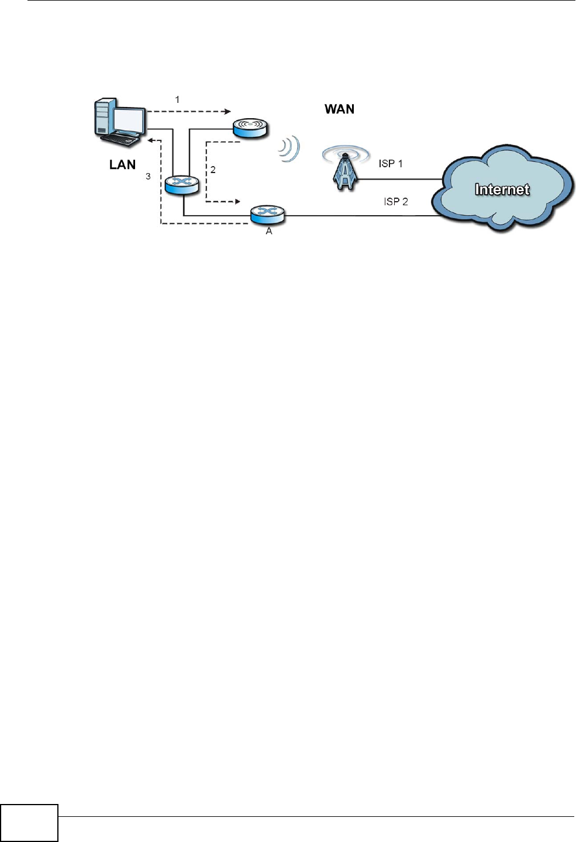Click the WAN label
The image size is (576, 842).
pos(339,109)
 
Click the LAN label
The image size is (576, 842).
pos(122,165)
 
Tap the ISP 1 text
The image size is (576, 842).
pos(391,164)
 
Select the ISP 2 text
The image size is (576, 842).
pos(396,202)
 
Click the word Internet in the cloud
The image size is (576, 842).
pos(502,189)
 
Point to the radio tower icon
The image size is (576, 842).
pos(346,170)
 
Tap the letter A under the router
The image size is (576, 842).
pos(269,232)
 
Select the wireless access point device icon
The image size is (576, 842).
pos(250,128)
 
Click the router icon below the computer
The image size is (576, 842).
pos(182,185)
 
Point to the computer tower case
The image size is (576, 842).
pos(104,118)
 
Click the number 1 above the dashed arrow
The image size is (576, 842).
pos(177,100)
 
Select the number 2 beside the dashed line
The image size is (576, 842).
pos(213,170)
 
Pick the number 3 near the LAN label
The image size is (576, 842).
pos(148,176)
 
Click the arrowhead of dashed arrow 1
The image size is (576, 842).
pos(228,111)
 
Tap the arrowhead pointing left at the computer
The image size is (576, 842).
pos(151,140)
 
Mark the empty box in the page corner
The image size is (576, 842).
pos(29,823)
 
